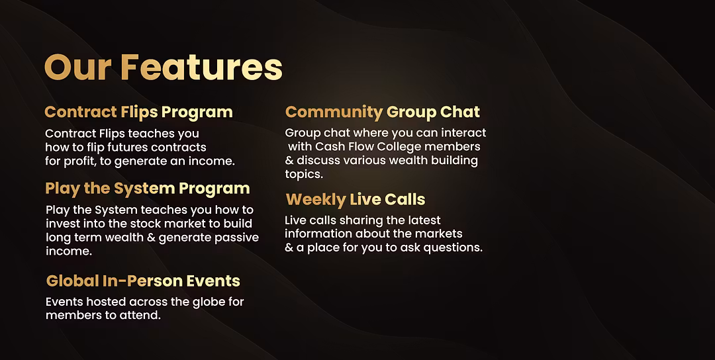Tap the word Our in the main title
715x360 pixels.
[x=77, y=68]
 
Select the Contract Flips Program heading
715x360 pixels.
[x=138, y=112]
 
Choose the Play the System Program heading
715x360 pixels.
[x=147, y=189]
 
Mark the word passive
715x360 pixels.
[x=238, y=238]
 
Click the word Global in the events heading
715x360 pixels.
[x=73, y=281]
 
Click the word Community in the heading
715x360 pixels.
[x=334, y=112]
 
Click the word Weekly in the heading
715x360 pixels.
[x=316, y=200]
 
